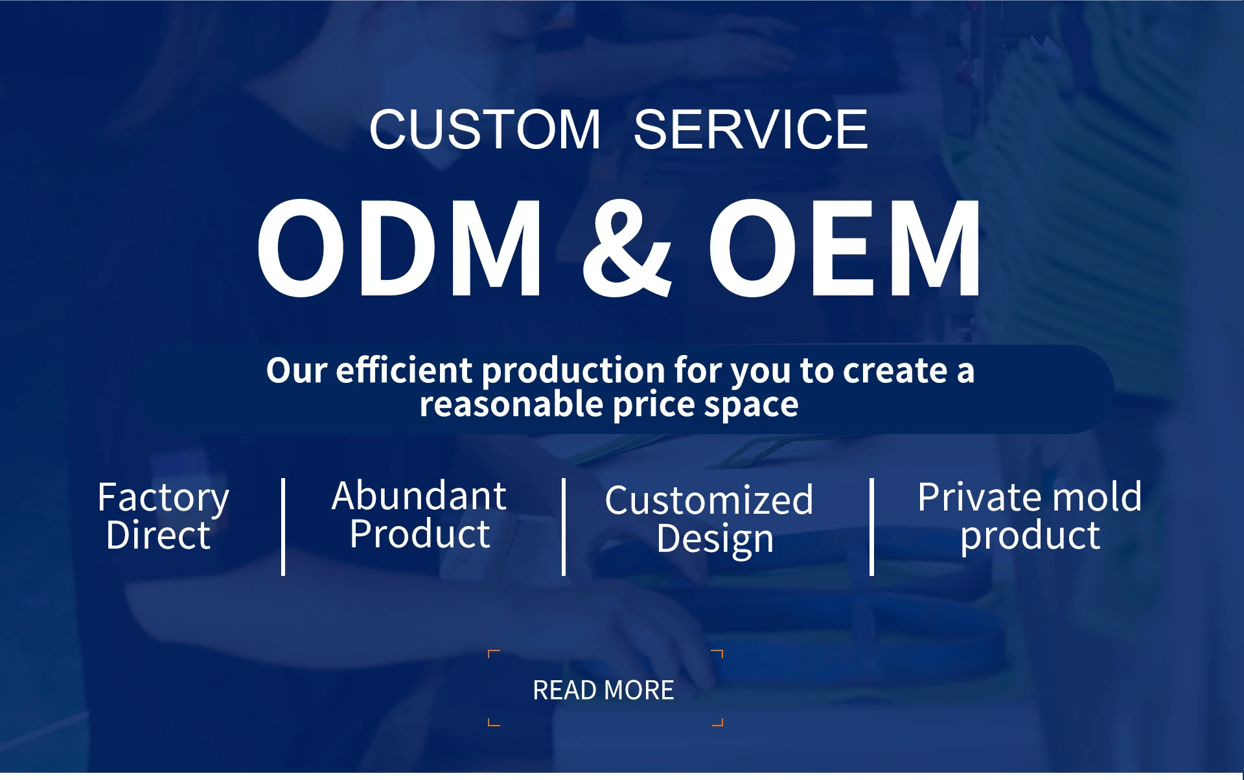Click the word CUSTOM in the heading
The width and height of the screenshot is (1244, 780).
tap(485, 130)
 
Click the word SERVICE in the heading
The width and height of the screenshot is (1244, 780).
tap(750, 130)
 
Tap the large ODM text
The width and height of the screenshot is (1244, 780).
tap(399, 248)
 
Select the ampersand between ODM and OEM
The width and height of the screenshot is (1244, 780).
tap(627, 248)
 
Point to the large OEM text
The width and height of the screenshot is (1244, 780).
tap(844, 248)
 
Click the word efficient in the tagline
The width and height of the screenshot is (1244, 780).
tap(404, 370)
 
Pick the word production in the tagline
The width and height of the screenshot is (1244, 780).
tap(573, 371)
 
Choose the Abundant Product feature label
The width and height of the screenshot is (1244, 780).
tap(419, 514)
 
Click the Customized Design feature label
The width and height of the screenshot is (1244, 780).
tap(709, 520)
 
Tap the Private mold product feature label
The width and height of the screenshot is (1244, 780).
tap(1030, 516)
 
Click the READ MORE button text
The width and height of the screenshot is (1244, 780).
tap(603, 691)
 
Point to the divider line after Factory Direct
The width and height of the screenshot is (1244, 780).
tap(283, 527)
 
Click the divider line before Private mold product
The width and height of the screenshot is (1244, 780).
tap(871, 527)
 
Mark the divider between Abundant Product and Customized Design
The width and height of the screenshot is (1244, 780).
tap(564, 527)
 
